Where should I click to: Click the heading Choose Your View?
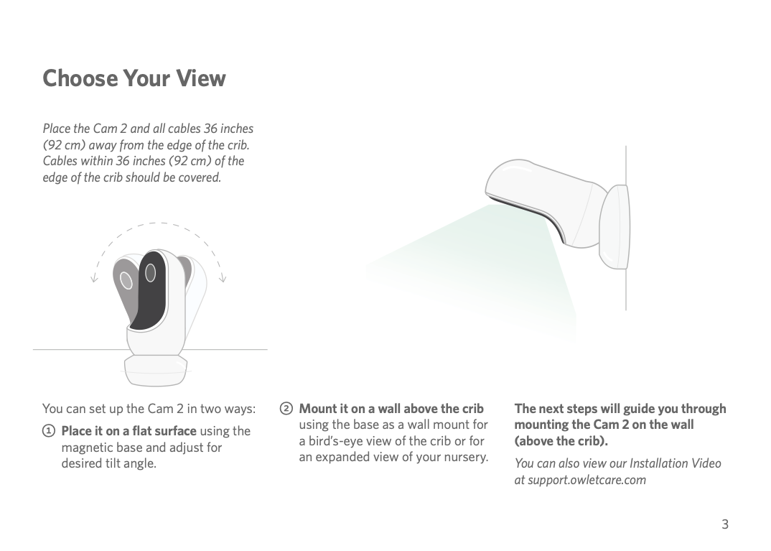134,78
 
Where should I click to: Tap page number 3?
725,524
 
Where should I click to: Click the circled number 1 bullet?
49,432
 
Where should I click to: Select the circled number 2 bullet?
286,409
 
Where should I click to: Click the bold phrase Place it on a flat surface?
128,431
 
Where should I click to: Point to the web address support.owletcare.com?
587,480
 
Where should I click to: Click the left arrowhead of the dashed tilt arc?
94,279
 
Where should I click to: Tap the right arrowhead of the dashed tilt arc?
223,279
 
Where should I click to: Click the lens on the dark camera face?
151,273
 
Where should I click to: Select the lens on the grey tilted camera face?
126,280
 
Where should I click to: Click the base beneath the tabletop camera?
155,369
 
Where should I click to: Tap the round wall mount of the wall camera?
615,227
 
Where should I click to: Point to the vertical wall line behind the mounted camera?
625,228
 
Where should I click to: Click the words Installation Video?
675,463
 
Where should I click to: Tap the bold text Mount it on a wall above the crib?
391,409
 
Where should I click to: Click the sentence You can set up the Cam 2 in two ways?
149,409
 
